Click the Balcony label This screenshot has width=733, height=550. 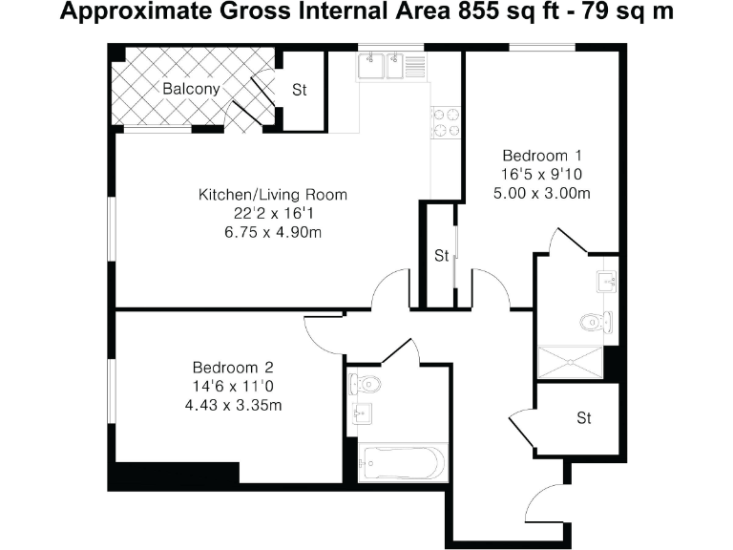pyautogui.click(x=190, y=89)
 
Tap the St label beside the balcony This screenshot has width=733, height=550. pyautogui.click(x=300, y=91)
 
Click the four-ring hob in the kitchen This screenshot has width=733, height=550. pyautogui.click(x=444, y=121)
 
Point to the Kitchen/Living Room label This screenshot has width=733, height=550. pyautogui.click(x=272, y=195)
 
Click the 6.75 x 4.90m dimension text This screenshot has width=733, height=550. pyautogui.click(x=272, y=232)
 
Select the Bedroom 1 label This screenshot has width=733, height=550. pyautogui.click(x=542, y=156)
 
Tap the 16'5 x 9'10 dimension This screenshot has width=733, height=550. pyautogui.click(x=542, y=175)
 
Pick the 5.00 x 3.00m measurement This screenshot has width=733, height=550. pyautogui.click(x=542, y=193)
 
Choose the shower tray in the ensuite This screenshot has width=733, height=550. pyautogui.click(x=570, y=362)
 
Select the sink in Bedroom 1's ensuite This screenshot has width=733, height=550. pyautogui.click(x=607, y=281)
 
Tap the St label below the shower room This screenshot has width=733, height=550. pyautogui.click(x=584, y=418)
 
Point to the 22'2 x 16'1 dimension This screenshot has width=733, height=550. pyautogui.click(x=272, y=214)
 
